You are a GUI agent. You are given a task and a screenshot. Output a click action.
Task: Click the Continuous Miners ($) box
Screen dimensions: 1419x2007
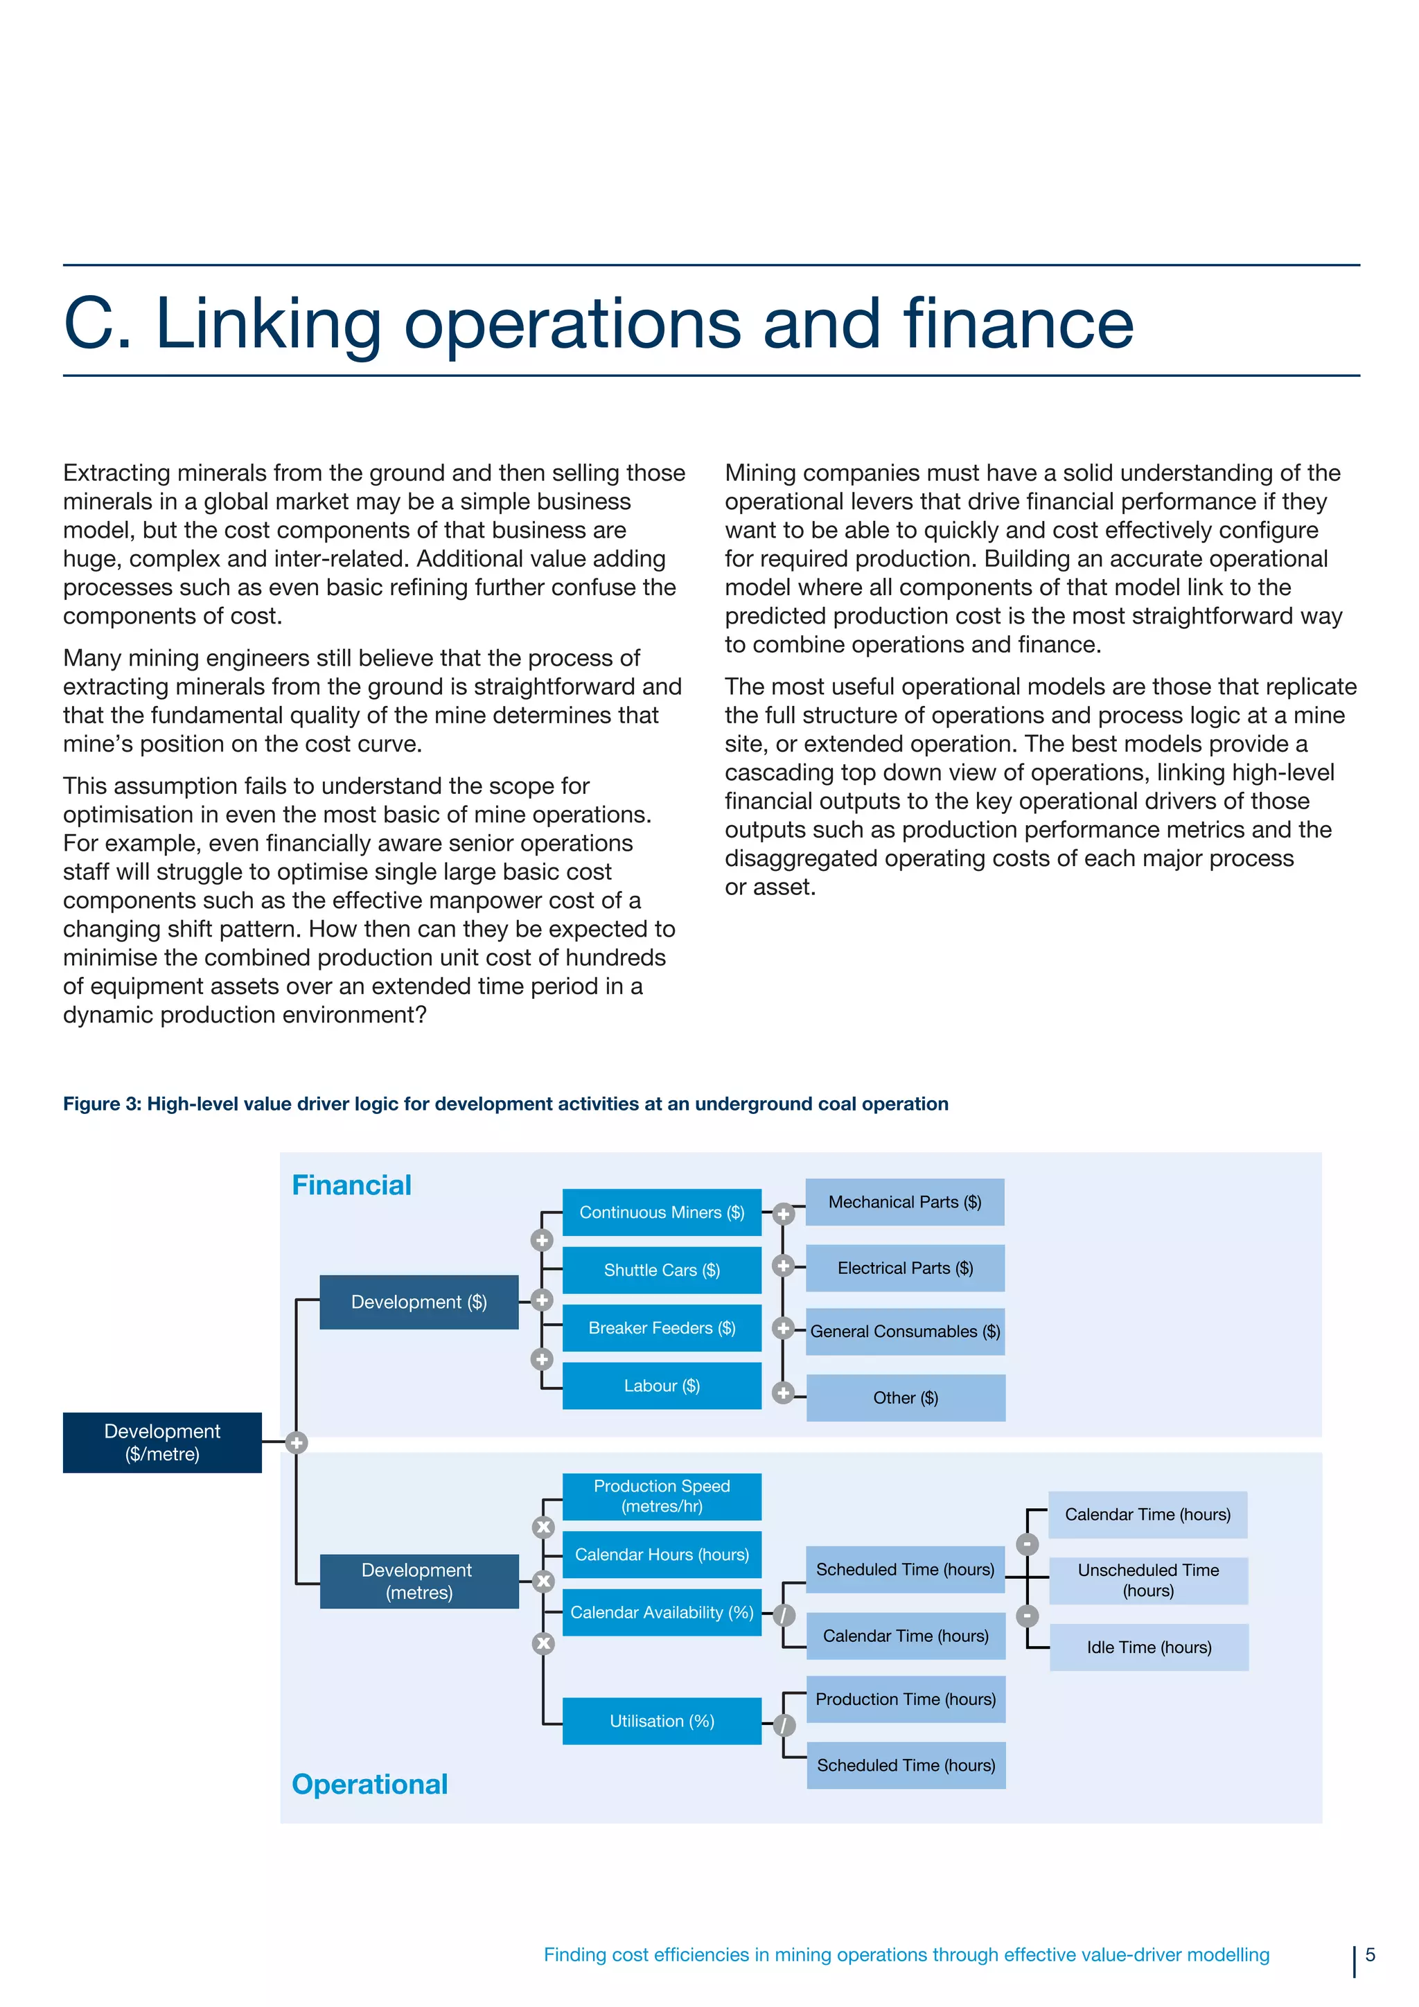click(x=661, y=1212)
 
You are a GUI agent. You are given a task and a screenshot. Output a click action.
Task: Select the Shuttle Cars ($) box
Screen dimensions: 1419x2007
click(x=661, y=1269)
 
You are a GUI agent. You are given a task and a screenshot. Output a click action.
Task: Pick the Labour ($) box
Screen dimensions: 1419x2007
click(x=661, y=1385)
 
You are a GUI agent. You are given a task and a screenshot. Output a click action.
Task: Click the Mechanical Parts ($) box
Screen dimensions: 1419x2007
click(x=904, y=1202)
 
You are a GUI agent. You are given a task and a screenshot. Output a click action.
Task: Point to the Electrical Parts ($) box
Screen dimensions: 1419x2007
click(x=904, y=1268)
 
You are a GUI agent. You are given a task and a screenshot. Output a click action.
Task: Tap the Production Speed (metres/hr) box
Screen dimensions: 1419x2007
click(x=661, y=1496)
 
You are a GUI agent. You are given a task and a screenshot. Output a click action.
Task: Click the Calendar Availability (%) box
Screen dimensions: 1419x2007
click(x=661, y=1612)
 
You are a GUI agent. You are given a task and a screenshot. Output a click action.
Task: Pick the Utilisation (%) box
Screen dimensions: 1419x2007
click(x=661, y=1720)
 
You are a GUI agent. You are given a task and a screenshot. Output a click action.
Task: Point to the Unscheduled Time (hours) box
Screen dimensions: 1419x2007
click(x=1148, y=1580)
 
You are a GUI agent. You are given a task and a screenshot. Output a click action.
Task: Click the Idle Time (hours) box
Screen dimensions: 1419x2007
click(x=1148, y=1647)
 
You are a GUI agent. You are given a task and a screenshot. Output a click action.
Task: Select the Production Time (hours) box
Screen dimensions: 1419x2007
click(x=905, y=1699)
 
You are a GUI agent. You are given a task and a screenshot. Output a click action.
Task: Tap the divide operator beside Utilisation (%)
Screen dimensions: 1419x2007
click(x=784, y=1724)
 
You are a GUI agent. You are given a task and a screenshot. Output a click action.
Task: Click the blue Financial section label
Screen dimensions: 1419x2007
click(x=351, y=1185)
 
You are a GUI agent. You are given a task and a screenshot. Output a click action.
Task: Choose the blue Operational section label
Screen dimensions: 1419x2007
click(x=369, y=1783)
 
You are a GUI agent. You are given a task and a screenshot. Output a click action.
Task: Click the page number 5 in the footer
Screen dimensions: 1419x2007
click(x=1370, y=1954)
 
